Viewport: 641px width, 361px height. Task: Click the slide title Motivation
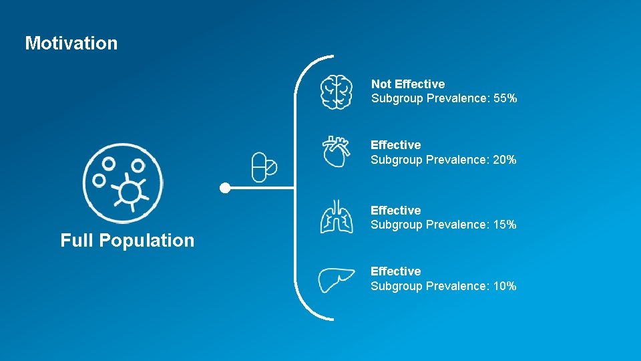click(x=71, y=43)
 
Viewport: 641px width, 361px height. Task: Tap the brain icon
click(x=336, y=92)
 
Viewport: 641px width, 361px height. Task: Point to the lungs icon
click(x=336, y=217)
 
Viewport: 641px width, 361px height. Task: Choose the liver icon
click(x=336, y=279)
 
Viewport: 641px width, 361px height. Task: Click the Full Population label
click(x=128, y=241)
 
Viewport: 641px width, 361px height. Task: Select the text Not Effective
click(x=408, y=84)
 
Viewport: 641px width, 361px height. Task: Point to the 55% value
click(x=505, y=99)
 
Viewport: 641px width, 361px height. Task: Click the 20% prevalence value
click(x=505, y=160)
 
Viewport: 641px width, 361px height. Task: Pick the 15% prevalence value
click(x=505, y=225)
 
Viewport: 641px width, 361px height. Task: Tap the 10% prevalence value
click(x=505, y=286)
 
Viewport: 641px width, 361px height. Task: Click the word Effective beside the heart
click(x=396, y=145)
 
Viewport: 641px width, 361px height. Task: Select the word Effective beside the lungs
click(x=396, y=211)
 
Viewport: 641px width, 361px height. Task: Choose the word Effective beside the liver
click(x=396, y=271)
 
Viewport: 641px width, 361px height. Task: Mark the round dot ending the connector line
click(x=226, y=188)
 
